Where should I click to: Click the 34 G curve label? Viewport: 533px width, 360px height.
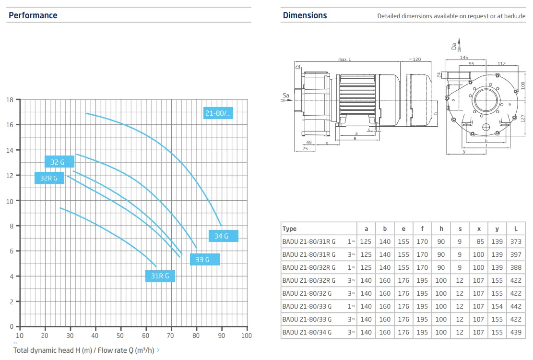(224, 236)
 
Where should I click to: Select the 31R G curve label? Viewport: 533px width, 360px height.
(160, 276)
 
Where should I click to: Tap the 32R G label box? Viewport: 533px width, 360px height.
(49, 178)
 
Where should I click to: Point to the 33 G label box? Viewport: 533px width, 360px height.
(205, 260)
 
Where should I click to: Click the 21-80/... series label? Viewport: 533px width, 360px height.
(218, 113)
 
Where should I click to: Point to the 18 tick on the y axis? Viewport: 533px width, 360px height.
(10, 100)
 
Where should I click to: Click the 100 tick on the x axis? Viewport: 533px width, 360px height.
(247, 336)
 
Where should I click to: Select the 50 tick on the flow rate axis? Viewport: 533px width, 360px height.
(120, 336)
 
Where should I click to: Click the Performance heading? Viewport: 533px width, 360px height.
(33, 15)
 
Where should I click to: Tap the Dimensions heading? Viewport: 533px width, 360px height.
(305, 15)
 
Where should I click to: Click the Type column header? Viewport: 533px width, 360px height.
(289, 229)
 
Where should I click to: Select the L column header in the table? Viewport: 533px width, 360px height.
(516, 229)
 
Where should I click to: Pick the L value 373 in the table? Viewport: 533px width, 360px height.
(516, 242)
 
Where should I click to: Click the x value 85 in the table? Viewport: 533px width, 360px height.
(480, 242)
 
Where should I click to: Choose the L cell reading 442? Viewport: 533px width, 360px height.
(516, 306)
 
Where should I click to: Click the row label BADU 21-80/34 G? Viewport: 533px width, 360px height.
(307, 333)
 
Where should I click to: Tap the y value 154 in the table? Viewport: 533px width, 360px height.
(497, 306)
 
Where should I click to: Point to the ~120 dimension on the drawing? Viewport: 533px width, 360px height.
(415, 59)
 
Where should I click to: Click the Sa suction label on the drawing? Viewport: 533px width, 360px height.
(286, 96)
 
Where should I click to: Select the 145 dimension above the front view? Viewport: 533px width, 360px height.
(464, 58)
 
